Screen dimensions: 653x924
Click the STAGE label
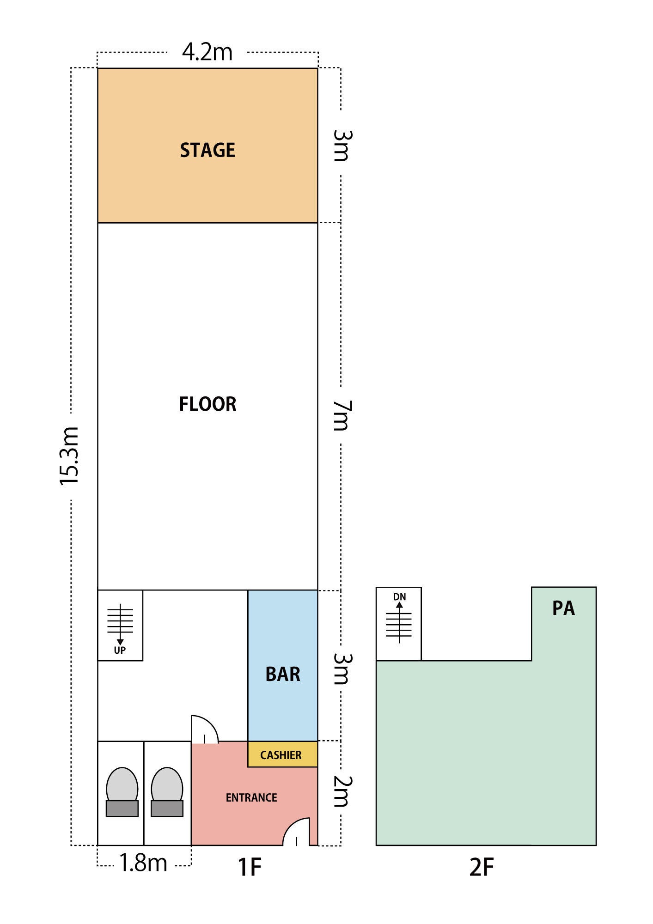[207, 150]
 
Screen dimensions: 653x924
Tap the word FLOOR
[207, 404]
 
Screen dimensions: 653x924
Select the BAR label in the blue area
[283, 674]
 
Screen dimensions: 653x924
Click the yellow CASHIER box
[283, 754]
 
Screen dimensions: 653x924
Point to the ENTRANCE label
[251, 797]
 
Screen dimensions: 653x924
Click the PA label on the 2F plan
[563, 608]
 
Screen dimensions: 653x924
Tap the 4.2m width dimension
[207, 52]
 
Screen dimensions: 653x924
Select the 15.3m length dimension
[70, 456]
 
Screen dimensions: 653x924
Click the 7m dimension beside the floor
[342, 415]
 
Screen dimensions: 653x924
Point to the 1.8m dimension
[143, 863]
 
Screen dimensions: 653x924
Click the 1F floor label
[250, 867]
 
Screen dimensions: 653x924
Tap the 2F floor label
[482, 867]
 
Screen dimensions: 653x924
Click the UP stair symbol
[120, 628]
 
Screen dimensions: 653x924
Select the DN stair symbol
[399, 618]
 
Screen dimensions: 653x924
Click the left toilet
[122, 792]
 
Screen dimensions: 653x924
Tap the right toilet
[167, 792]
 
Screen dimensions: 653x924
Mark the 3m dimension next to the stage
[342, 146]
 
